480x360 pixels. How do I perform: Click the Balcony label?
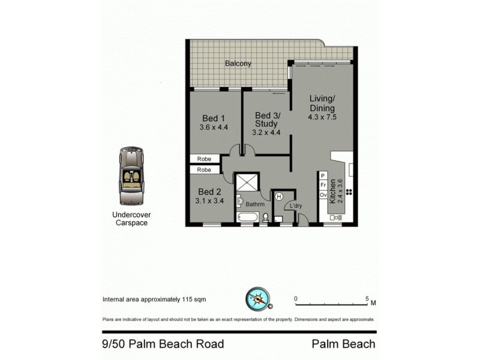coord(238,64)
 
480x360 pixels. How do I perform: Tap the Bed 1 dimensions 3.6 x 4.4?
coord(214,127)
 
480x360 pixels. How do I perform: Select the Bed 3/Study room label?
coord(266,119)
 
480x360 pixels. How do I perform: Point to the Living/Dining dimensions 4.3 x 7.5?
coord(322,117)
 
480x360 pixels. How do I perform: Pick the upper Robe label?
coord(205,159)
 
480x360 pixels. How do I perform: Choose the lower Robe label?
coord(205,170)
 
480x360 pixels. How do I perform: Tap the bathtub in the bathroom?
coord(247,218)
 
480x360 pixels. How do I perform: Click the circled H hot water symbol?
coord(278,196)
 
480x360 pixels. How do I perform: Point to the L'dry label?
coord(295,206)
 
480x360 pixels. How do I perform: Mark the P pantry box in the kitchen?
coord(323,176)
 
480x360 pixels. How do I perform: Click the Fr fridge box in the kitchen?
coord(323,185)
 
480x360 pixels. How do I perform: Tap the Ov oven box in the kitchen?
coord(323,195)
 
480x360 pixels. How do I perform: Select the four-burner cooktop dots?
coord(349,193)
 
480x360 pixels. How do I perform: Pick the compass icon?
coord(258,298)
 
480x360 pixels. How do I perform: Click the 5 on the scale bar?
coord(366,298)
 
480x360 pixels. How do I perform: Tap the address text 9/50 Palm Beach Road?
coord(163,344)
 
